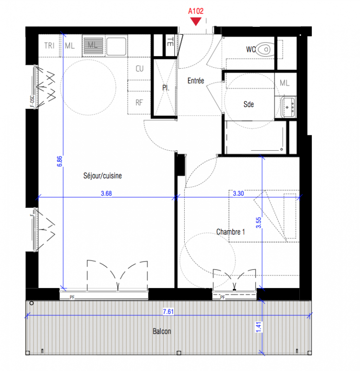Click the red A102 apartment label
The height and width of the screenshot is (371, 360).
point(196,11)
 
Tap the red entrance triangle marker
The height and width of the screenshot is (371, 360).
point(196,21)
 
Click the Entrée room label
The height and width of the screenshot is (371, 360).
point(196,81)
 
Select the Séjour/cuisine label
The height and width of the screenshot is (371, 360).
point(103,176)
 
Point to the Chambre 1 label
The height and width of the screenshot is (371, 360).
point(231,231)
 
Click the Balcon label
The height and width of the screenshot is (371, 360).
point(162,331)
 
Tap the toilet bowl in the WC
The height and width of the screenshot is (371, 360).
point(265,50)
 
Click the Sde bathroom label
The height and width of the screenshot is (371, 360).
point(249,104)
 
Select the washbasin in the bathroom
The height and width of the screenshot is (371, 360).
point(288,108)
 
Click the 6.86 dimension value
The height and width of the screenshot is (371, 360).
point(60,161)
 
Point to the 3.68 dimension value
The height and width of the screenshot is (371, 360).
point(106,193)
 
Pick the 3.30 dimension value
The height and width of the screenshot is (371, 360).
point(238,193)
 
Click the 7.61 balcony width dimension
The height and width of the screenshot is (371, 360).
point(168,312)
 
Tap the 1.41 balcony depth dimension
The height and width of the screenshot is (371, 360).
point(259,327)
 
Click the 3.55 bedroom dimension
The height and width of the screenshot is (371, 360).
point(259,223)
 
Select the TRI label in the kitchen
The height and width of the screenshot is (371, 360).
point(49,45)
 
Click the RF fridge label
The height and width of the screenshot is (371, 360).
point(139,102)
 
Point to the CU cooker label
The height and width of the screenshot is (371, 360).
point(140,69)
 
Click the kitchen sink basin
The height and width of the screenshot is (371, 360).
point(116,45)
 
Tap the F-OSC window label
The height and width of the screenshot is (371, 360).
point(32,101)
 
